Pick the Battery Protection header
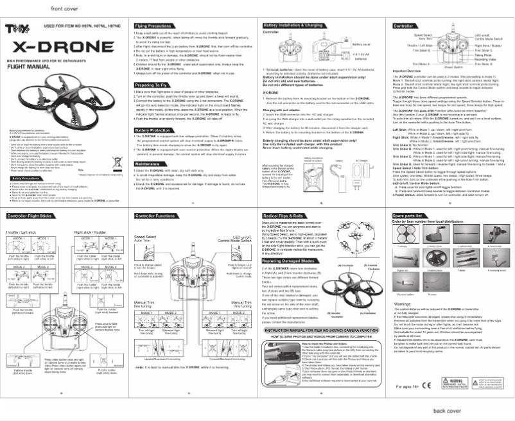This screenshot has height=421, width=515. [x=153, y=130]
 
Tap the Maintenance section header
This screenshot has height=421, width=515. [x=148, y=164]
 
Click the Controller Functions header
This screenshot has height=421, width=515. [x=156, y=216]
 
